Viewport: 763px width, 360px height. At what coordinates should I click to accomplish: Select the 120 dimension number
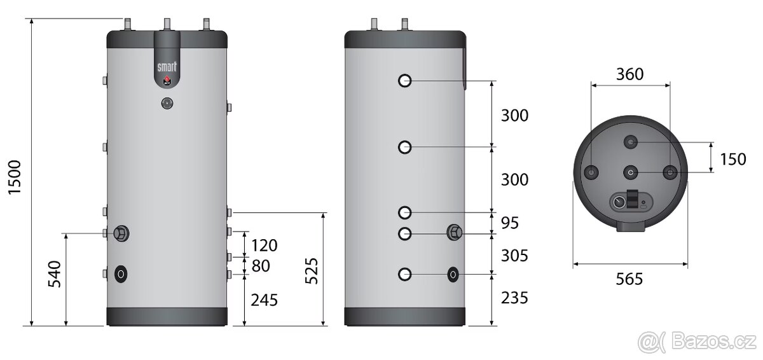[x=265, y=246]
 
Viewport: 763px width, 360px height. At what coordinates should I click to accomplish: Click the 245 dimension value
[x=265, y=300]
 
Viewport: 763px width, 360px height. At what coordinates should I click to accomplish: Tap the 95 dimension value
[x=510, y=223]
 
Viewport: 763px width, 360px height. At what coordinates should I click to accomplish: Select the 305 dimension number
[x=514, y=256]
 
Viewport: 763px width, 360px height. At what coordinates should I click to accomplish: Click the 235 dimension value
[x=514, y=298]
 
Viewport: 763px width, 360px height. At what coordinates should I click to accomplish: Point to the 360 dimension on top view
[x=629, y=74]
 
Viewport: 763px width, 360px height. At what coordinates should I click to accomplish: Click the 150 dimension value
[x=732, y=159]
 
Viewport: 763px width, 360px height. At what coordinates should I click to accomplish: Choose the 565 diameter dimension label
[x=629, y=279]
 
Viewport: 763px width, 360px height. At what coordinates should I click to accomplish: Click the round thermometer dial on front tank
[x=167, y=102]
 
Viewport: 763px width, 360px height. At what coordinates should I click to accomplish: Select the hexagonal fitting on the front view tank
[x=120, y=233]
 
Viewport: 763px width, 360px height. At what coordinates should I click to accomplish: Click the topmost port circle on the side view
[x=405, y=81]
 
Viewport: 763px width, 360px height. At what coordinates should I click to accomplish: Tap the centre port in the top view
[x=630, y=172]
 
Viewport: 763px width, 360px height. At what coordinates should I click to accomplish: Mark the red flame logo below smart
[x=167, y=80]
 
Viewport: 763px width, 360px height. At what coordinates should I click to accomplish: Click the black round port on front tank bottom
[x=120, y=274]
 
